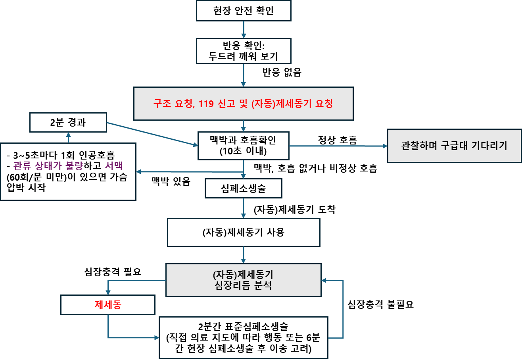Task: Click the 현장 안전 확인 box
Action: coord(244,11)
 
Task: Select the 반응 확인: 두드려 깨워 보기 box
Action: coord(244,51)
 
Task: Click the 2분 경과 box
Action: coord(68,122)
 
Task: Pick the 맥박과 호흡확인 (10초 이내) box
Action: coord(244,146)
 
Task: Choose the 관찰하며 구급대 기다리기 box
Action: coord(454,146)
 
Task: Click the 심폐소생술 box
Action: coord(244,189)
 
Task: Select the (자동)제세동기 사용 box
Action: coord(244,233)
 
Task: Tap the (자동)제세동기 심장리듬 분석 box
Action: coord(244,280)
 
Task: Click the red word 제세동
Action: coord(107,305)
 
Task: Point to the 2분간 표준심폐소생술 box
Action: coord(244,338)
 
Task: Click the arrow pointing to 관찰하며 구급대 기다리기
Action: coord(337,146)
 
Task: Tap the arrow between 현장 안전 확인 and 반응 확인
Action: coord(244,29)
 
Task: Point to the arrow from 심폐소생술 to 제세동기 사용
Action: coord(244,208)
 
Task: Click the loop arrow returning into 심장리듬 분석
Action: coord(343,310)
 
